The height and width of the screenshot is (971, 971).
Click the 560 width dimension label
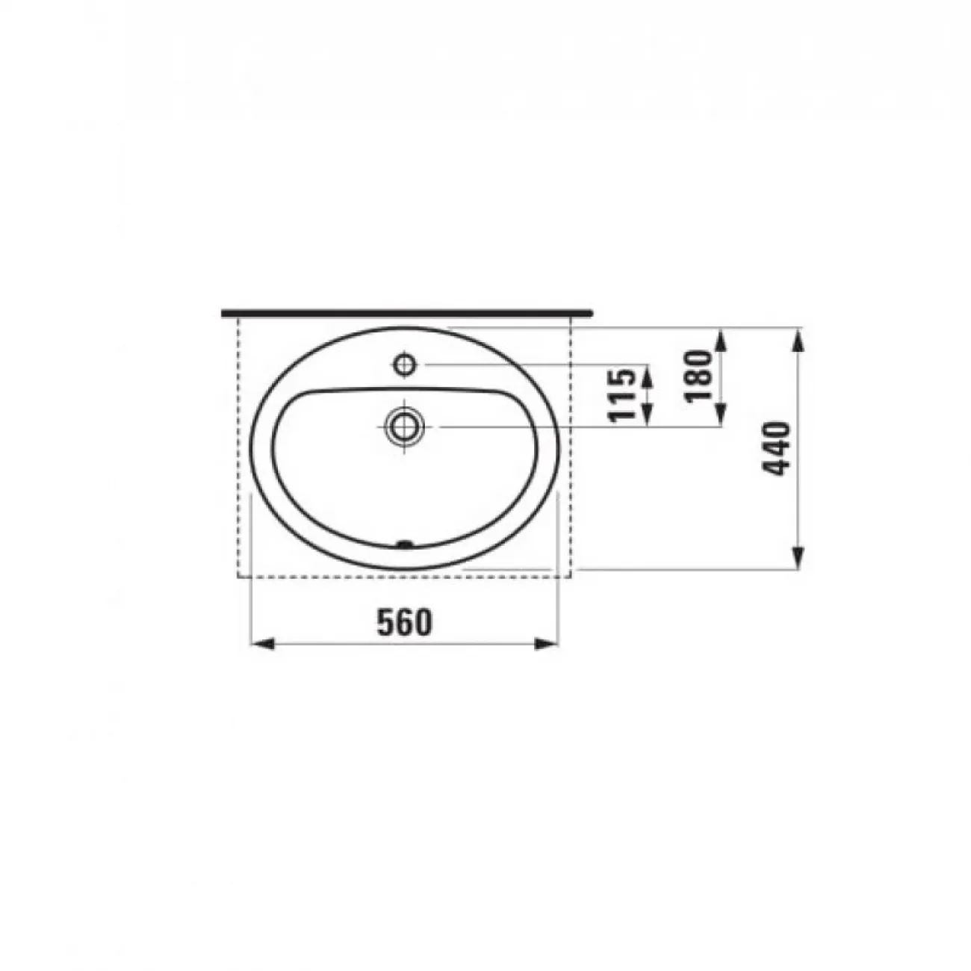click(405, 622)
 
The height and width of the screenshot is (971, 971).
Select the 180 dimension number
click(698, 376)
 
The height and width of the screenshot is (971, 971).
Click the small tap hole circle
click(405, 364)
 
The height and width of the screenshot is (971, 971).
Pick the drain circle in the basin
click(405, 426)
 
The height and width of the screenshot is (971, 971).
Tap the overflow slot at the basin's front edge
click(405, 545)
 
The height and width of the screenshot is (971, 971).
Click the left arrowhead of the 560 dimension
click(262, 644)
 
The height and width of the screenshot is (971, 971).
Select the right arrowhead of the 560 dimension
click(547, 644)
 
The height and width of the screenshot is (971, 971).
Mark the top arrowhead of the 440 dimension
click(797, 340)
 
